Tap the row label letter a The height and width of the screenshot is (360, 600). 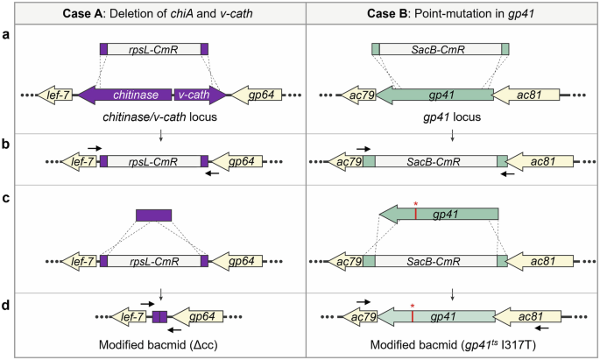click(x=8, y=35)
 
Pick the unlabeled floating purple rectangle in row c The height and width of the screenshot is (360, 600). click(x=153, y=215)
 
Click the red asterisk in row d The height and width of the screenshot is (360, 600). click(x=412, y=307)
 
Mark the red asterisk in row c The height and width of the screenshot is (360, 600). click(x=415, y=205)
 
